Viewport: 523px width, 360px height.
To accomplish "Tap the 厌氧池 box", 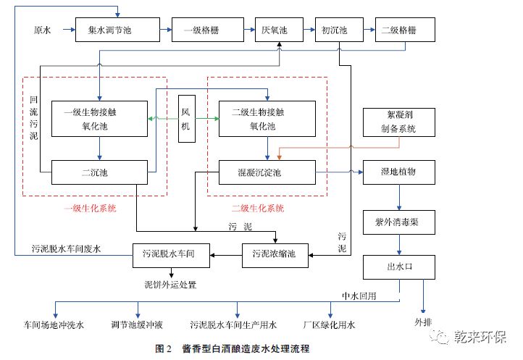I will point(275,30).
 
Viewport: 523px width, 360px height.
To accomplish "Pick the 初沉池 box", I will point(335,30).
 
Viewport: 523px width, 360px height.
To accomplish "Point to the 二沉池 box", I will point(100,172).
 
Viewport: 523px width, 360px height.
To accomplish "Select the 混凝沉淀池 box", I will point(267,172).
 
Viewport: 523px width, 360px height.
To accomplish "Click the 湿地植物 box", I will point(399,172).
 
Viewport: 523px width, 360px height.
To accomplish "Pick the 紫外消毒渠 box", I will point(400,222).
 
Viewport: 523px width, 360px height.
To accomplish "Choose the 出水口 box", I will point(400,267).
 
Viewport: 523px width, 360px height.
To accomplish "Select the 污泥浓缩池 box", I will point(274,253).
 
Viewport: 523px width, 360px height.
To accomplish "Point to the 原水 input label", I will point(43,30).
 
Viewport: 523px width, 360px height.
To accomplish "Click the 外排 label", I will point(423,320).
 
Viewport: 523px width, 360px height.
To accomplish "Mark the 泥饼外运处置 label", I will point(171,284).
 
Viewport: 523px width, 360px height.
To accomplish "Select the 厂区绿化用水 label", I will point(330,325).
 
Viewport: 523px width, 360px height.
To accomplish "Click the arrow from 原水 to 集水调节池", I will point(68,30).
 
